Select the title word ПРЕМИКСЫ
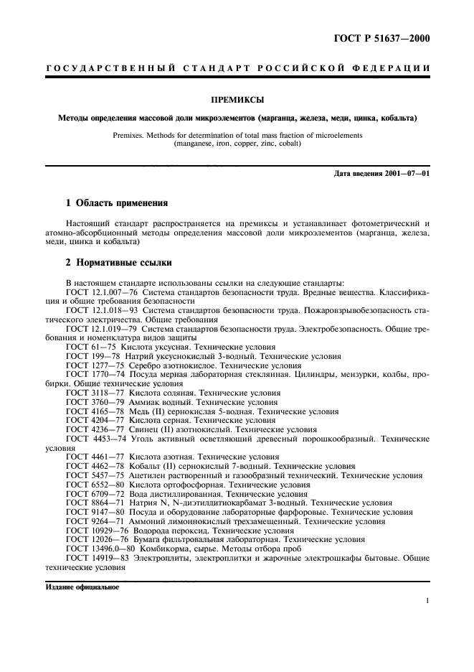tap(237, 101)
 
